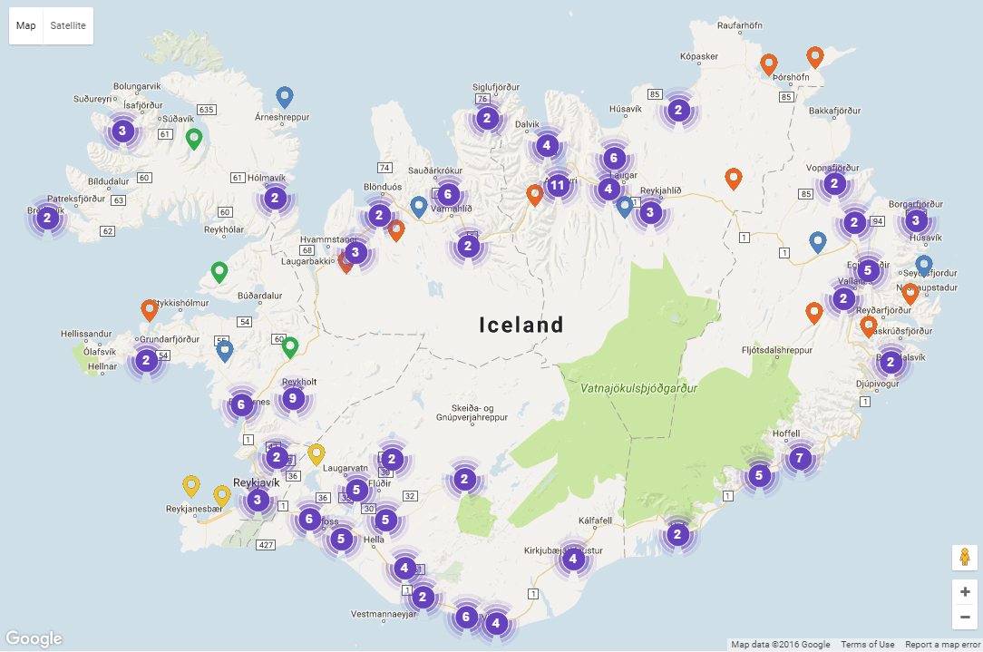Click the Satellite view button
coord(68,25)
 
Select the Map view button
coord(26,25)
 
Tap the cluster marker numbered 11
coord(558,186)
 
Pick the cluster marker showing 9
coord(292,398)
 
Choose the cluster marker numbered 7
coord(799,458)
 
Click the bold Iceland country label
coord(521,325)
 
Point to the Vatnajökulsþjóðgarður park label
coord(639,388)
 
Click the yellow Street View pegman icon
coord(964,557)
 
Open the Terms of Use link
coord(867,645)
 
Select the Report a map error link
coord(942,645)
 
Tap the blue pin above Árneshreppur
coord(285,97)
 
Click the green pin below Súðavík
coord(193,139)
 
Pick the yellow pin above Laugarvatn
coord(316,453)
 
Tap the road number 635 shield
coord(207,110)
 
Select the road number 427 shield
coord(266,544)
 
